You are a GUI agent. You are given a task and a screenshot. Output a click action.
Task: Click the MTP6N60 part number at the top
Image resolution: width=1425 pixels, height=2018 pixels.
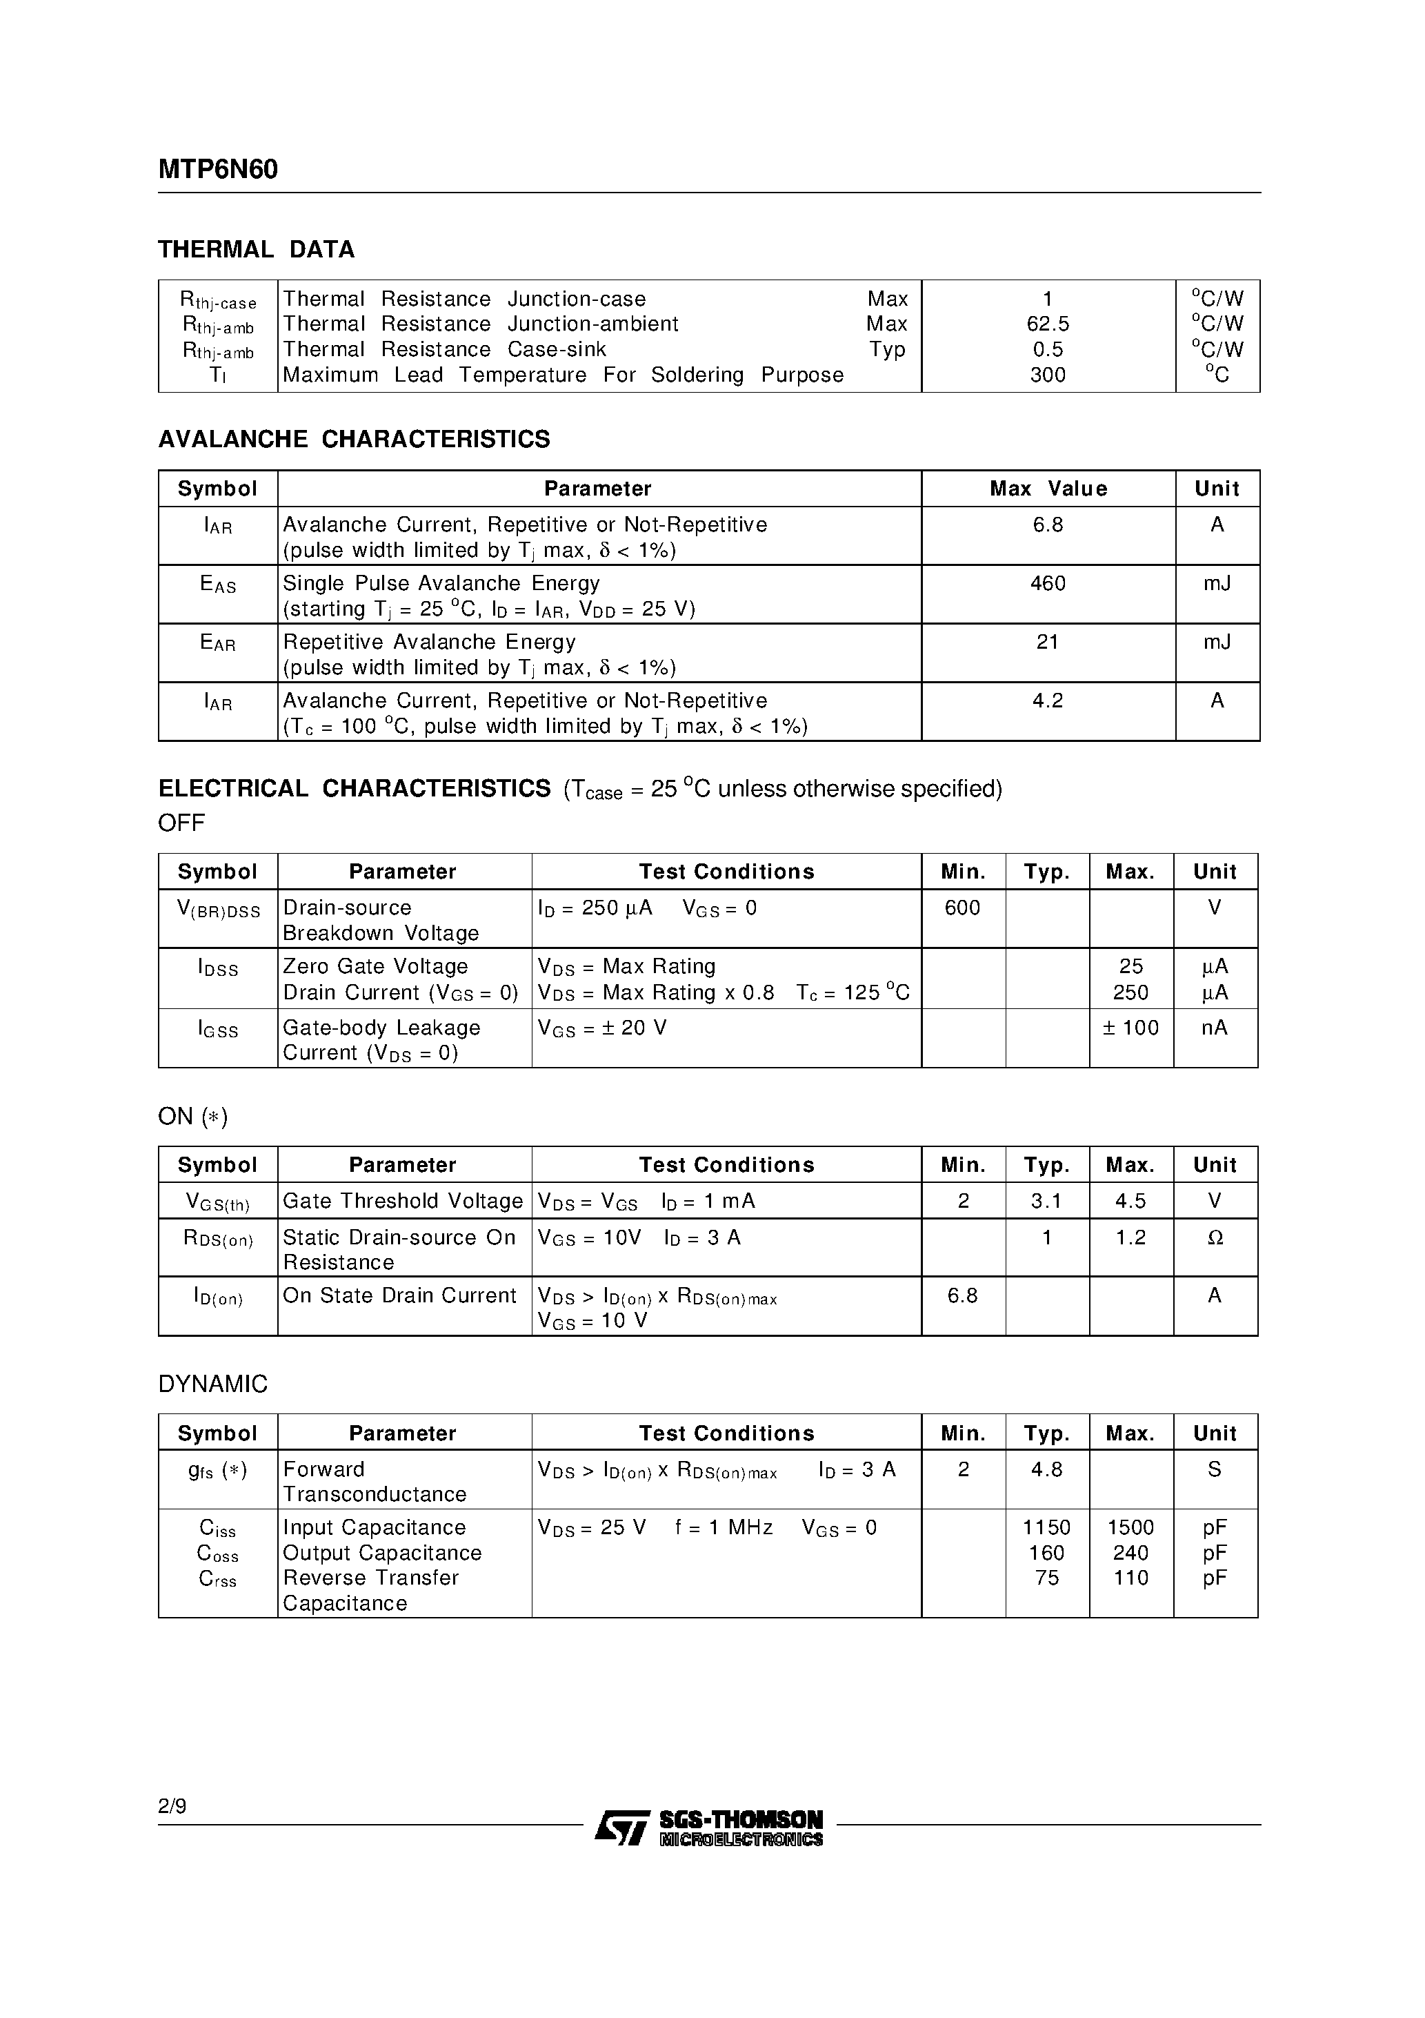[218, 170]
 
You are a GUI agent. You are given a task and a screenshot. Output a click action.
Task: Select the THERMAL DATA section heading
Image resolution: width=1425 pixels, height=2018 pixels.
[256, 250]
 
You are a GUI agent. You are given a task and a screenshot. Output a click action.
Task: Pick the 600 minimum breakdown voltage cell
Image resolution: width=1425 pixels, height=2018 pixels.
[962, 908]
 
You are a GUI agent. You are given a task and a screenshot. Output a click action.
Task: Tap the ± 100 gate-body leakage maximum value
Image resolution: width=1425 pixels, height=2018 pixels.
[1130, 1028]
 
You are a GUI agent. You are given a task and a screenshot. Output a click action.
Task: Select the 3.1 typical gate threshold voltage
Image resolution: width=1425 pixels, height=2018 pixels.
[1046, 1202]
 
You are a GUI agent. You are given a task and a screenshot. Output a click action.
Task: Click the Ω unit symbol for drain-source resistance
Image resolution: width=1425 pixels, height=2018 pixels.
[1215, 1237]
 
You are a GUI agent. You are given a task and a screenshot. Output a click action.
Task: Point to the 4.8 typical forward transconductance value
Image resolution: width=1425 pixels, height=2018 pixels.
[1046, 1469]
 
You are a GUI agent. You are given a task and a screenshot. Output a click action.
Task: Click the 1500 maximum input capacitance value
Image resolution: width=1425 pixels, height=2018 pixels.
[1130, 1527]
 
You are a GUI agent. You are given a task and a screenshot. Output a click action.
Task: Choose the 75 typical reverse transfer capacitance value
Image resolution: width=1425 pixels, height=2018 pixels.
[1046, 1578]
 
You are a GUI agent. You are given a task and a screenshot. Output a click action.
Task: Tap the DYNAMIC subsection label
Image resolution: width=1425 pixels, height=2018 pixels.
[212, 1384]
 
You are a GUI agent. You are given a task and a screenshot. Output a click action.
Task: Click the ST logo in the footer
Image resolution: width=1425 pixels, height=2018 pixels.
[622, 1828]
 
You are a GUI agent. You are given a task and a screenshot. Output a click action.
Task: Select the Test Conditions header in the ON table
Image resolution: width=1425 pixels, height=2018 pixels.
[726, 1166]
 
